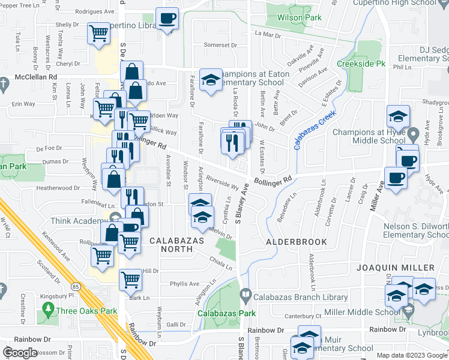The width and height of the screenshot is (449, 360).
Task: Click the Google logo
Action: click(20, 353)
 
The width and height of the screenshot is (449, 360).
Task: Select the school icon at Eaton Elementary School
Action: click(210, 80)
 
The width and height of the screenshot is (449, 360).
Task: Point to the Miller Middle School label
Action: click(362, 313)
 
